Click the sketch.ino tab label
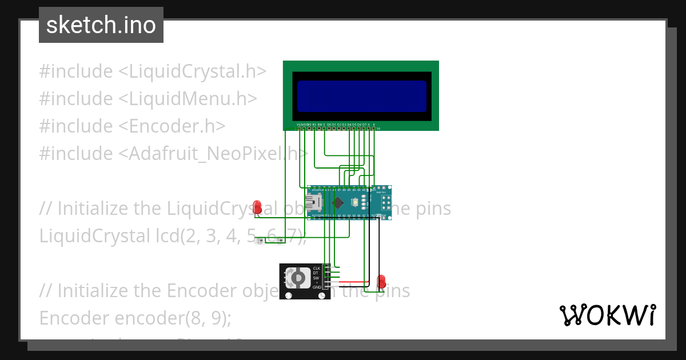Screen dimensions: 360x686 tap(101, 25)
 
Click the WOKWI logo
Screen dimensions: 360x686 tap(607, 315)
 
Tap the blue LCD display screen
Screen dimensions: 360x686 tap(361, 96)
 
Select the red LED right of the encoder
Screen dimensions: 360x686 tap(381, 281)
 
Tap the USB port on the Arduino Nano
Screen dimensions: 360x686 tap(314, 202)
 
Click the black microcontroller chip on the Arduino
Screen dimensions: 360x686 tap(338, 202)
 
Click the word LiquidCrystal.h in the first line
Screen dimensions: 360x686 tap(197, 71)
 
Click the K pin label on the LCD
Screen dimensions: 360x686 tap(374, 124)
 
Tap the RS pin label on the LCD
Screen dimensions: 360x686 tap(314, 124)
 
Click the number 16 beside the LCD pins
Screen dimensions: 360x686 tap(378, 129)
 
